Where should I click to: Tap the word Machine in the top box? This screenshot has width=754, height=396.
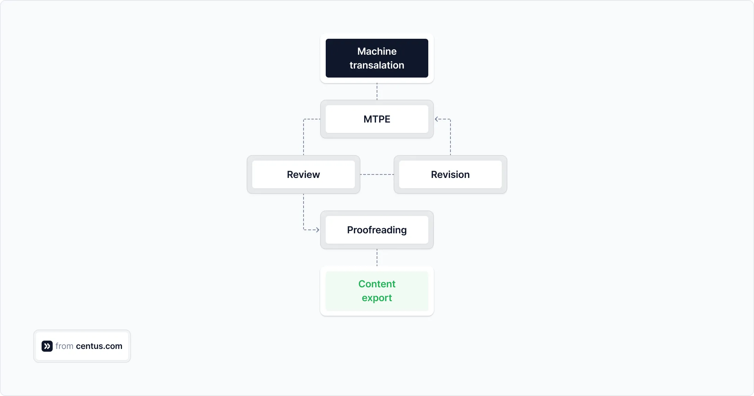(377, 51)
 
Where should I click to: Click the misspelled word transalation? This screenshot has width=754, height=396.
(377, 65)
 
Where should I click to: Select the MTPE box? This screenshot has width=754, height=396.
(377, 119)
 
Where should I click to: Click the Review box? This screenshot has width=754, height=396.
(303, 174)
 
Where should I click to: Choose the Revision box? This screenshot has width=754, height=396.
(450, 174)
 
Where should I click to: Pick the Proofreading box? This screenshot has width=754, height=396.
(377, 230)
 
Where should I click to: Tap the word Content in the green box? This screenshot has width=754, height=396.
(377, 284)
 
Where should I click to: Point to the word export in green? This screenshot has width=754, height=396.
(377, 298)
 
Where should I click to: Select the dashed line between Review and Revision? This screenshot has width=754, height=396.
(377, 174)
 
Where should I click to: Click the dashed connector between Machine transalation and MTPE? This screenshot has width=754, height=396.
(377, 92)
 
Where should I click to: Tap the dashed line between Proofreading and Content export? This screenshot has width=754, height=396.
(377, 258)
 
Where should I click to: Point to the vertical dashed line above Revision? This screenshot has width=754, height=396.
(450, 138)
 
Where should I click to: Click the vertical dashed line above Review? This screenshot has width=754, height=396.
(304, 138)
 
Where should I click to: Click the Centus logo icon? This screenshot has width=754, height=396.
(47, 346)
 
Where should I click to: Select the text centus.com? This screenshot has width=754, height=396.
(99, 346)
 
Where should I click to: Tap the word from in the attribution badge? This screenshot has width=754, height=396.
(64, 346)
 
